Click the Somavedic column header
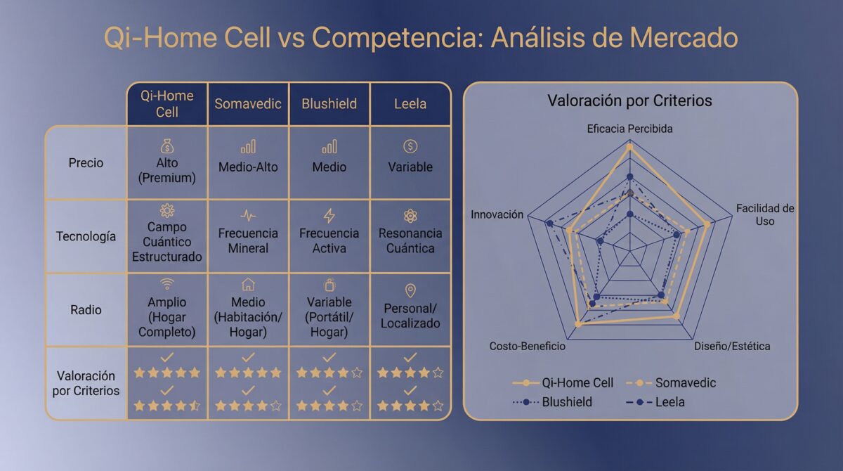tap(248, 104)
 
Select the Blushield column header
tap(329, 104)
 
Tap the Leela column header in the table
tap(410, 104)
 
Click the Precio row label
tap(86, 162)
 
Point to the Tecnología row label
tap(86, 236)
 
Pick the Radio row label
tap(86, 310)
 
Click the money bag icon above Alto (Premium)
tap(167, 146)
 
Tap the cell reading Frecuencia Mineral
tap(248, 240)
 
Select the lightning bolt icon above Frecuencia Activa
tap(329, 216)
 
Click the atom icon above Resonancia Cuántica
tap(410, 216)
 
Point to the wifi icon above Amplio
tap(167, 284)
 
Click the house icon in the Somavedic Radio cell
tap(248, 284)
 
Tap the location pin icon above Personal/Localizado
tap(410, 290)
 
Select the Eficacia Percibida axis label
tap(629, 129)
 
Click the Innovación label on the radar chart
tap(497, 214)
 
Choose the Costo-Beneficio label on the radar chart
tap(527, 346)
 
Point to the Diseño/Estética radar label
tap(732, 346)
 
